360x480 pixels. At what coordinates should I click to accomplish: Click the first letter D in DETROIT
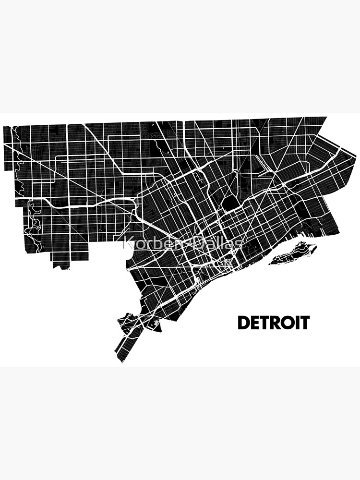tap(244, 323)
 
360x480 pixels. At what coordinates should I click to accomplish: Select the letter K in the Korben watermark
tap(128, 244)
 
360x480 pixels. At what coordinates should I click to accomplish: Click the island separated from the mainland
tap(293, 253)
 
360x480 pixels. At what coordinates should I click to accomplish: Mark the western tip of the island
tap(270, 263)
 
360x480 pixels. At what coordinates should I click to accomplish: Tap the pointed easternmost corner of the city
tap(356, 156)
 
